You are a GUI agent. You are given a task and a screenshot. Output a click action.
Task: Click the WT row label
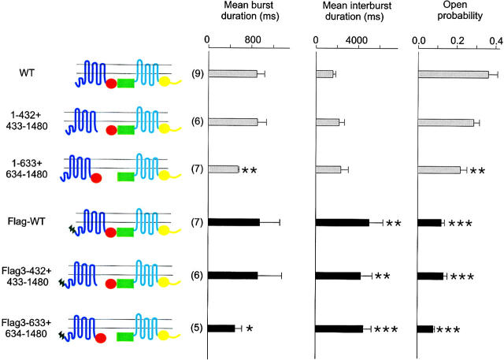coord(26,74)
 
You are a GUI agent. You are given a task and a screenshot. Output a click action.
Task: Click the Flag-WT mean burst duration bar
coord(233,222)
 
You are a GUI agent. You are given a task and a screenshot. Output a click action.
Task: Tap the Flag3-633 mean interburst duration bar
coord(339,328)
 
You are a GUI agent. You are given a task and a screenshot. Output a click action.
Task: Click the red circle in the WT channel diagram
coord(112,84)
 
